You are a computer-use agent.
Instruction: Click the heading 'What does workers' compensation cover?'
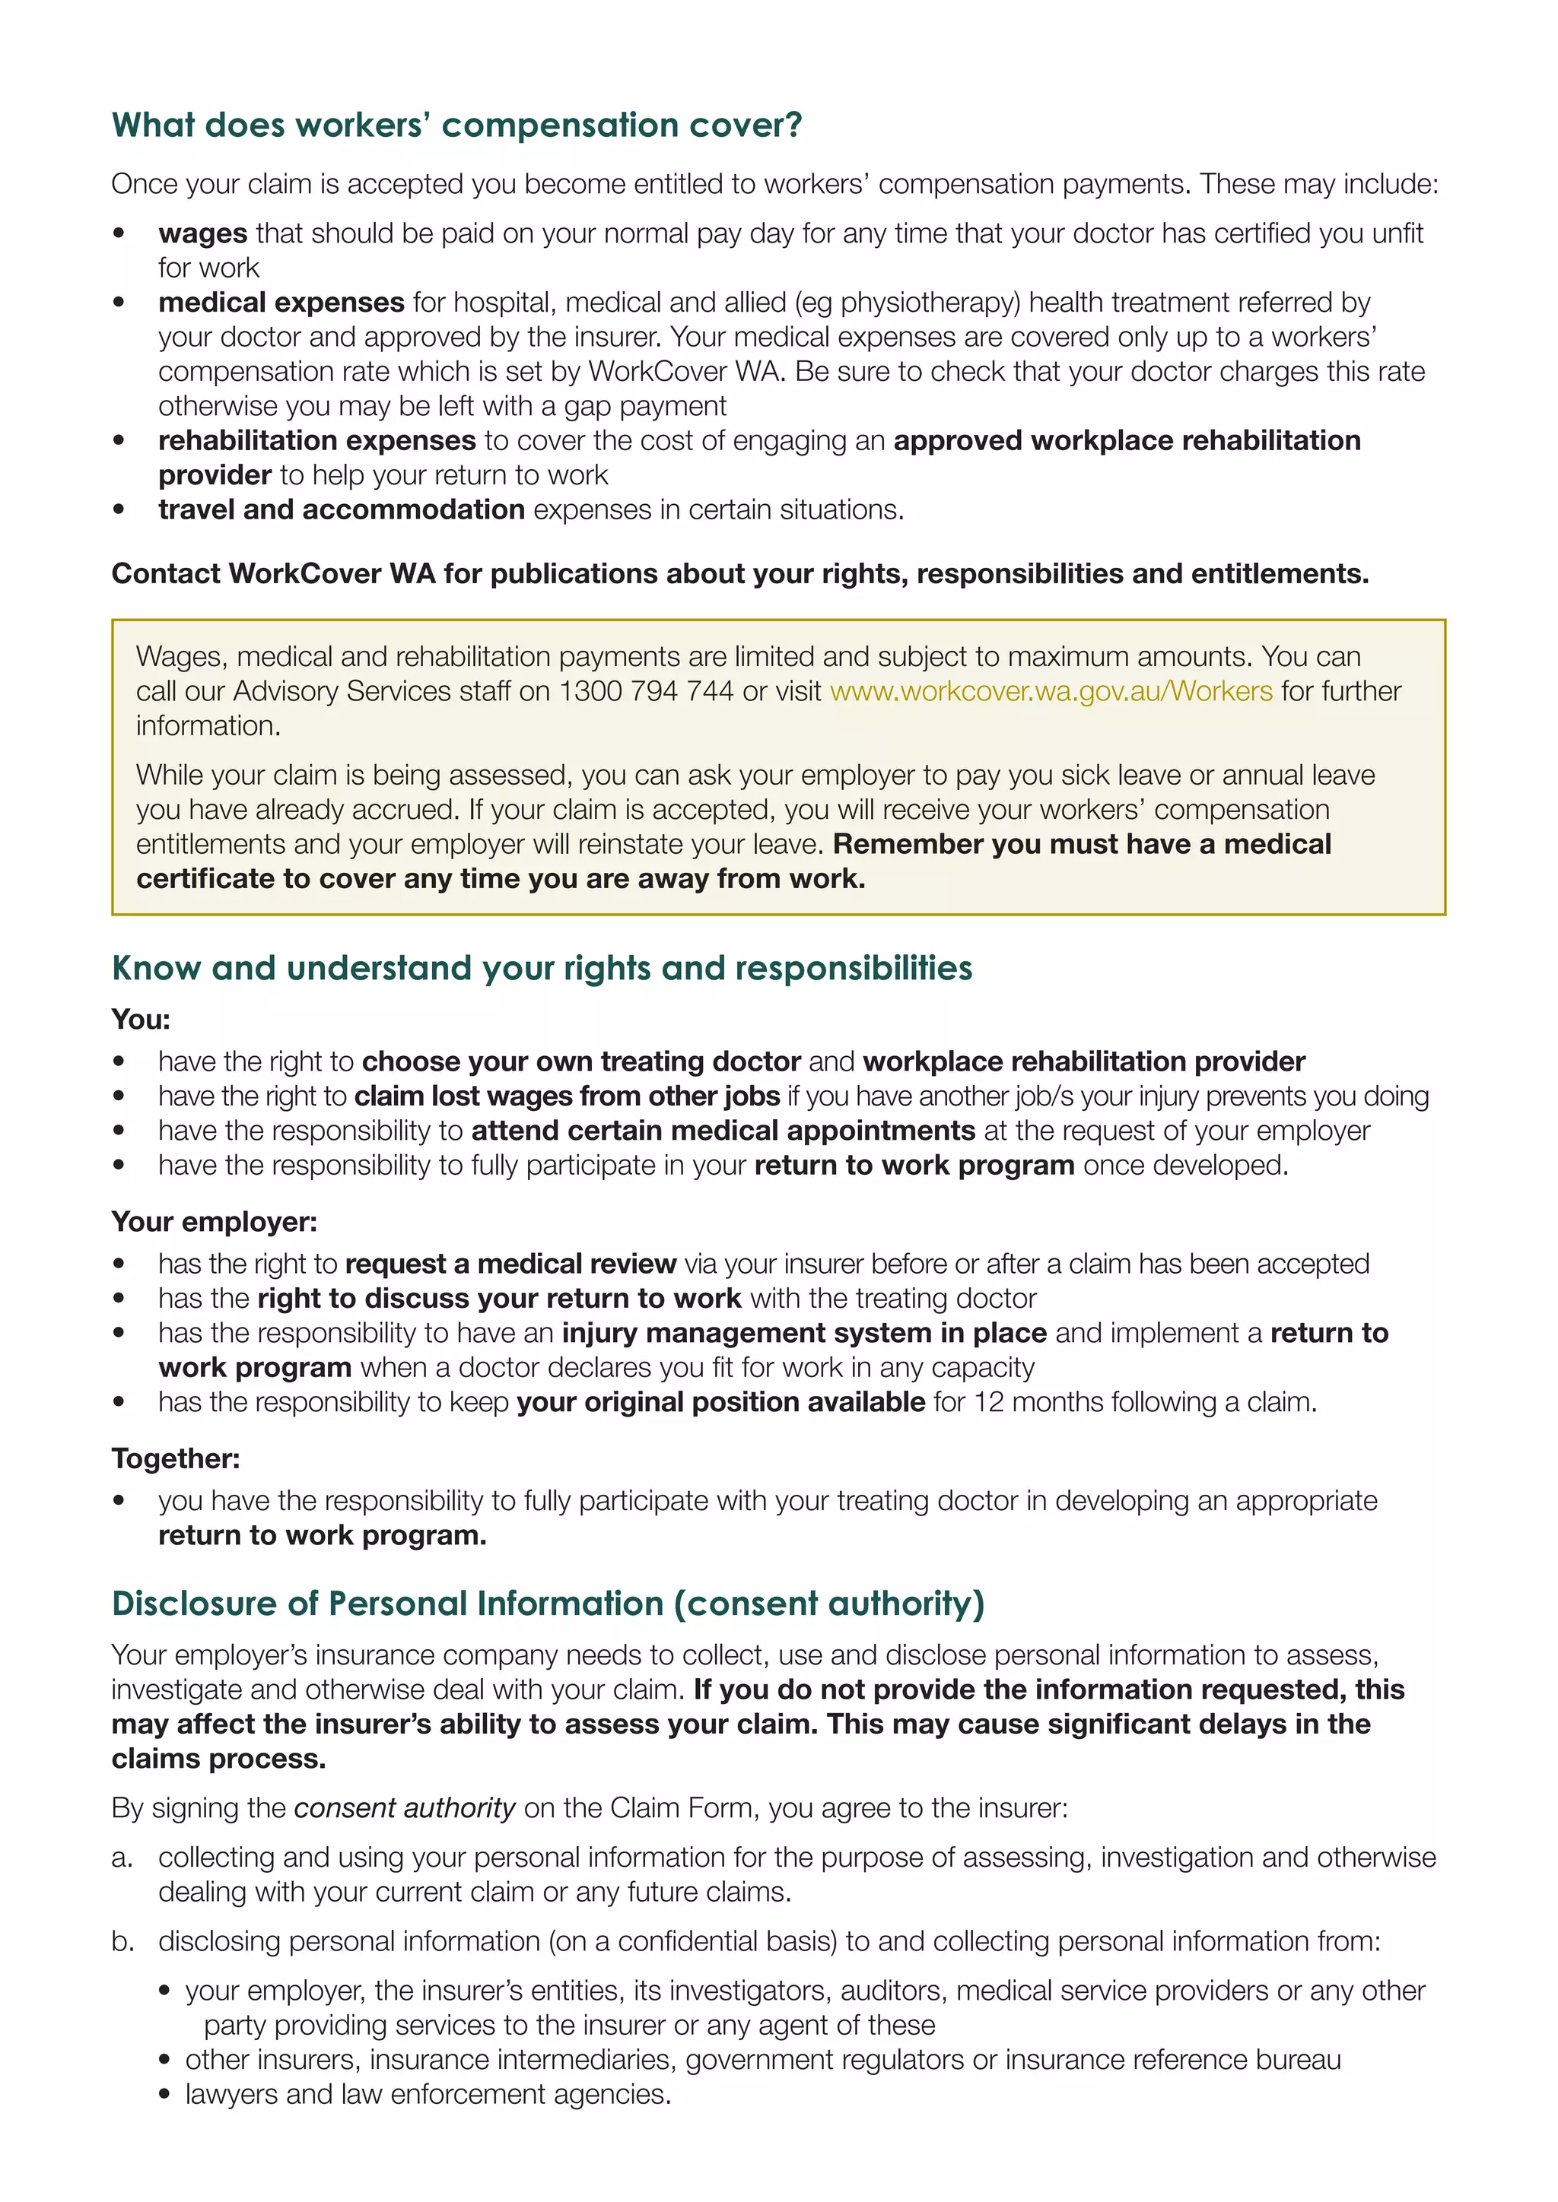point(456,125)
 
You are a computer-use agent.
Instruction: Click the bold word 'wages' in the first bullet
point(202,233)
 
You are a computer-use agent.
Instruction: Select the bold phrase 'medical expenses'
point(281,302)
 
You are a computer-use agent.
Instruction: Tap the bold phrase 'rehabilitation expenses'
point(316,440)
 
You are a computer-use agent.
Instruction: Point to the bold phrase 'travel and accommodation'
point(342,509)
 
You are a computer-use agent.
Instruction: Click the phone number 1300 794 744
point(646,690)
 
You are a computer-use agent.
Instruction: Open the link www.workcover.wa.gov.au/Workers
point(1051,690)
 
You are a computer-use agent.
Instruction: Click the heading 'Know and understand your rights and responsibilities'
point(542,968)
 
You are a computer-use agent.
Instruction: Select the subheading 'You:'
point(140,1019)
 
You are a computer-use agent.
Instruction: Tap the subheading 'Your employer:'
point(214,1221)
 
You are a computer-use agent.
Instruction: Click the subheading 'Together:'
point(176,1458)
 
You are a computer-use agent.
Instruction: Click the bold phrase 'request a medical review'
point(510,1263)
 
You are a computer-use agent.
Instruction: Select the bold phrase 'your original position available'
point(720,1401)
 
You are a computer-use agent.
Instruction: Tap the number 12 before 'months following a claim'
point(988,1401)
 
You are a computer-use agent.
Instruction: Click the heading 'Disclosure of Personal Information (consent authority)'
point(548,1604)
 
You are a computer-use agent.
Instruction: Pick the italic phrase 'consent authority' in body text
point(404,1808)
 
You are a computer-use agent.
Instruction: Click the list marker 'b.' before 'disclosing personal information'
point(122,1941)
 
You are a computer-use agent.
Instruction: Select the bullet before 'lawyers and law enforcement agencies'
point(166,2095)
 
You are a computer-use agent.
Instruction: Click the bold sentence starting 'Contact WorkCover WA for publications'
point(739,573)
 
